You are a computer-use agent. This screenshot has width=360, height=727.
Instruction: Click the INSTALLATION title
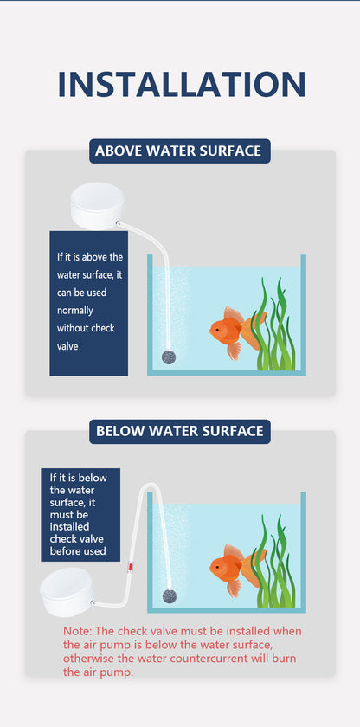coord(181,85)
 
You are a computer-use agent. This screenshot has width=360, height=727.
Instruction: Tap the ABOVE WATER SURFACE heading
coord(180,151)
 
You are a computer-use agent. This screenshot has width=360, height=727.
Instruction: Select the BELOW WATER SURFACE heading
coord(180,432)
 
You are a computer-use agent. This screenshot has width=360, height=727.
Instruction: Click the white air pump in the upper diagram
coord(97,205)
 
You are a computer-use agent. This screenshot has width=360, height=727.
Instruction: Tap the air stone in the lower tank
coord(168,595)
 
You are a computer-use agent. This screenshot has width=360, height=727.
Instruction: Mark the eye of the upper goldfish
coord(216,328)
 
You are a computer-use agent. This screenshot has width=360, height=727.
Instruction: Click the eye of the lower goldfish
coord(216,566)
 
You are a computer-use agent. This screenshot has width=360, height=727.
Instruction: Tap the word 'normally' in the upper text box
coord(75,311)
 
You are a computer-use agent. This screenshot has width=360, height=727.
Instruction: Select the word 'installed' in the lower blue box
coord(70,527)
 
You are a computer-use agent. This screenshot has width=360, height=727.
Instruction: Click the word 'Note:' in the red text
coord(77,631)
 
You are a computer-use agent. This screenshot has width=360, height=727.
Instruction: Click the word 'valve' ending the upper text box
coord(67,346)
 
